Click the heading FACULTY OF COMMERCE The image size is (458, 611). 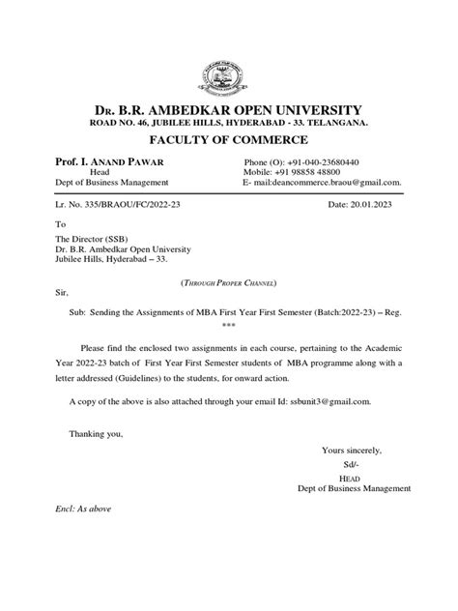point(228,137)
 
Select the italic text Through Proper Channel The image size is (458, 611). point(228,280)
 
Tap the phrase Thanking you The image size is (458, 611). point(96,433)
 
